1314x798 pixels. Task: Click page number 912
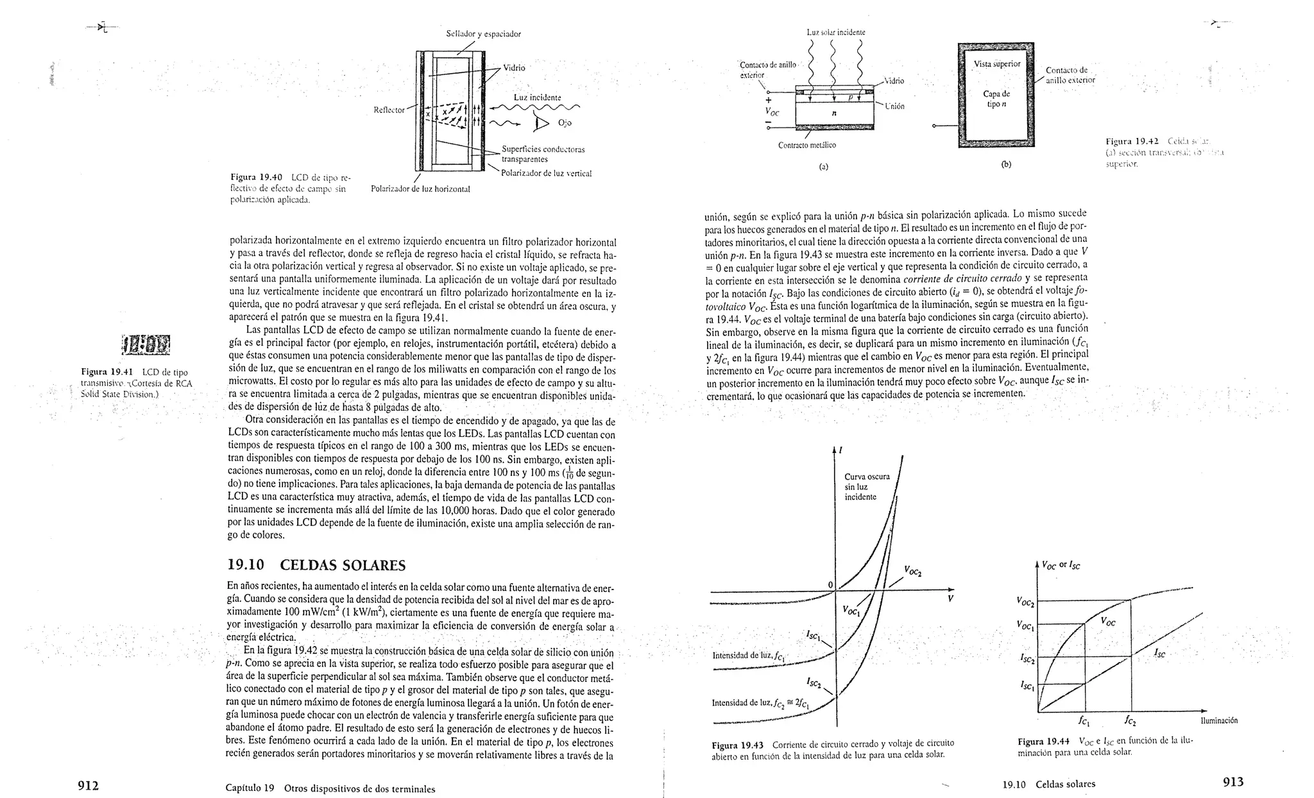click(87, 785)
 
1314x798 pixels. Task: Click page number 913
click(1233, 781)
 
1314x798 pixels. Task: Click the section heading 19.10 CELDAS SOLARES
click(316, 565)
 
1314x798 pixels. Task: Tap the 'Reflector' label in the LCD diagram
click(389, 110)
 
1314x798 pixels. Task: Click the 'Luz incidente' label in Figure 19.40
click(537, 98)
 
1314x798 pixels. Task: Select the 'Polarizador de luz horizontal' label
click(420, 189)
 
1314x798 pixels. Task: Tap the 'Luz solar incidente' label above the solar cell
click(836, 31)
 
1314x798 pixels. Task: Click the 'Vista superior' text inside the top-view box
click(996, 64)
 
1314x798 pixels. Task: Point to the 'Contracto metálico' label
click(806, 145)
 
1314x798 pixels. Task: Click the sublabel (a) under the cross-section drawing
click(824, 166)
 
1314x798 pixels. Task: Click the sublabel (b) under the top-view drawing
click(1006, 164)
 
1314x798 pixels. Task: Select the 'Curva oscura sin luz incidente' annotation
click(867, 487)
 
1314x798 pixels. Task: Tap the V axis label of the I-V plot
click(950, 599)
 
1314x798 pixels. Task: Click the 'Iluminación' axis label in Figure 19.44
click(1218, 720)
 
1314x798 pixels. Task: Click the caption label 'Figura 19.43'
click(738, 745)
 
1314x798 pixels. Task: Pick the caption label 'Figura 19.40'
click(257, 176)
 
